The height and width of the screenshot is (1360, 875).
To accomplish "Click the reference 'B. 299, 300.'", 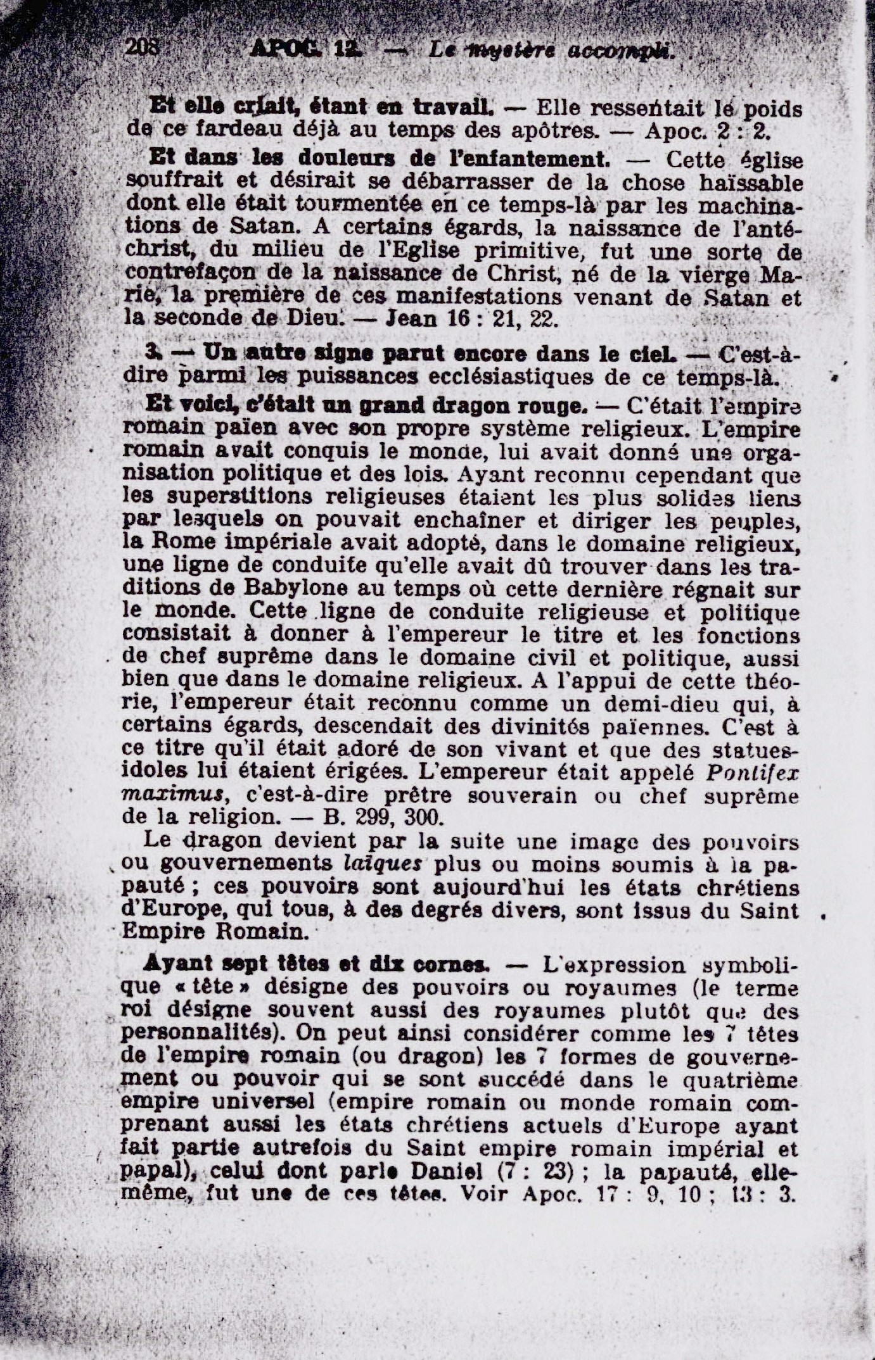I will pos(382,817).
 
